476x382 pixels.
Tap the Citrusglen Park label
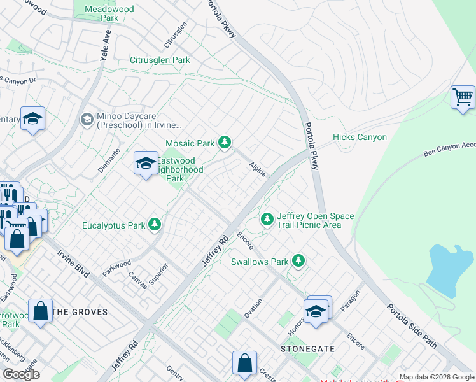160,60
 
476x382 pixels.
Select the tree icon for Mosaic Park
224,143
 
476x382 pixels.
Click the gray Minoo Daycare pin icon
87,119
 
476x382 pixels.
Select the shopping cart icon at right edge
463,98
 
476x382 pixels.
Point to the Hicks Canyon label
359,137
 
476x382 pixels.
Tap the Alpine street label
257,169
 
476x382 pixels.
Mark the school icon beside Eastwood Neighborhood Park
146,163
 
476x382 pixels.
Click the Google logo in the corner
22,374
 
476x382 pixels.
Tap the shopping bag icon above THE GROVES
41,311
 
